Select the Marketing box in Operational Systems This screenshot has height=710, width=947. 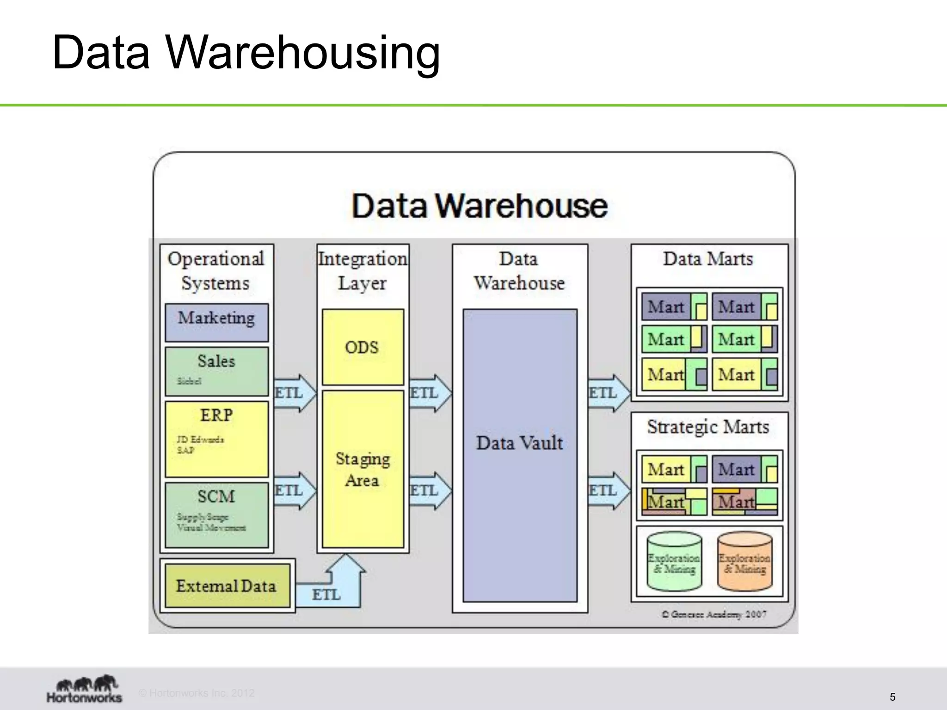(x=216, y=322)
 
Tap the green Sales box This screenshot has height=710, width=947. (x=216, y=371)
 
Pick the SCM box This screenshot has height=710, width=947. (x=216, y=514)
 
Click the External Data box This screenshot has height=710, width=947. (x=227, y=585)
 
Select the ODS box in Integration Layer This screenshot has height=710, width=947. (x=363, y=347)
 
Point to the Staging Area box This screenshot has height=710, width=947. (x=363, y=469)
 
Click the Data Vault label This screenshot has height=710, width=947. (x=520, y=443)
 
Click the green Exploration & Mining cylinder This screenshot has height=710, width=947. (x=674, y=561)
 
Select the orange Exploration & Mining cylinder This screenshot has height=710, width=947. (x=744, y=561)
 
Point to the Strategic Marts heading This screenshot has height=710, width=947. (x=708, y=426)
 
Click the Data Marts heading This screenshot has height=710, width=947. (x=708, y=258)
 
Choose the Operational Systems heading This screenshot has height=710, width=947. (x=216, y=270)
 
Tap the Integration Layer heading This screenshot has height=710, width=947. (x=363, y=270)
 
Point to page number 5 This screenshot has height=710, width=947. (x=892, y=697)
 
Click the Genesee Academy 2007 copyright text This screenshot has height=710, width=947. (x=714, y=614)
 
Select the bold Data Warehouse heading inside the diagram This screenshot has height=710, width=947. (x=480, y=206)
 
